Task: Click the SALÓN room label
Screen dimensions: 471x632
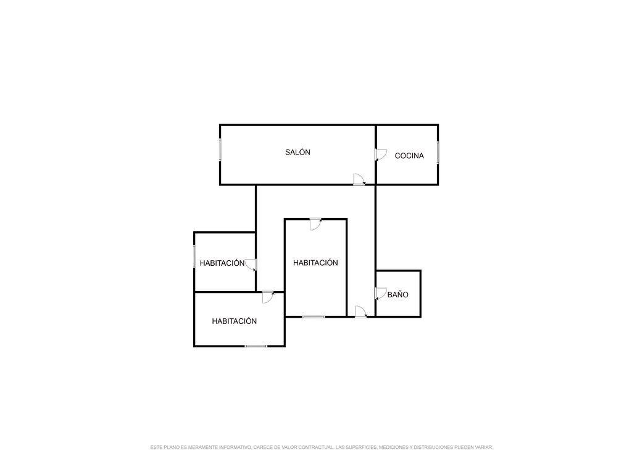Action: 297,152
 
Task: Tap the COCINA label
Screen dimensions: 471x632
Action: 409,156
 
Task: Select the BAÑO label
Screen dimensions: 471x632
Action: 397,295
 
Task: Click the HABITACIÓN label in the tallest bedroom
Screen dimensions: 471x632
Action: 315,263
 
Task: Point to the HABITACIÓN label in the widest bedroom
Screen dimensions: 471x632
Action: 234,321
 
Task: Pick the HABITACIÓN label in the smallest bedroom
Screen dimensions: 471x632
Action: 222,263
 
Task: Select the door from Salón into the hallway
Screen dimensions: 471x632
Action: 359,179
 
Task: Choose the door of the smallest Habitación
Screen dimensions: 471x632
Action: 251,265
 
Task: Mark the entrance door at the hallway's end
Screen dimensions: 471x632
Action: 360,312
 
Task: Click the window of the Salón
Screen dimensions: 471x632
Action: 220,151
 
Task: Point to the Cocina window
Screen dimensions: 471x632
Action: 438,152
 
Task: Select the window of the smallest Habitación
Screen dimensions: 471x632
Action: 194,257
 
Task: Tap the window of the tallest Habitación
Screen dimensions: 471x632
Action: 314,316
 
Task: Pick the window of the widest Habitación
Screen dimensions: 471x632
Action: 256,346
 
